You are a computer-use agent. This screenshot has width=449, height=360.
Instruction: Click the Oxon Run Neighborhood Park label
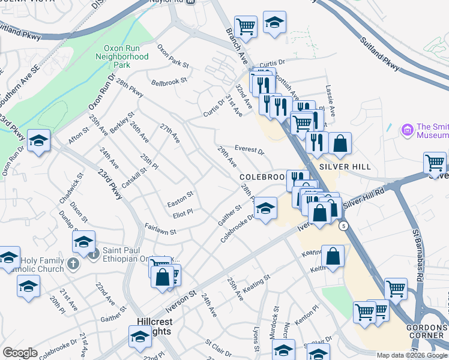122,56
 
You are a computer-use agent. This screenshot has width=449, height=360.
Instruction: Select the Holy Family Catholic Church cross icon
73,263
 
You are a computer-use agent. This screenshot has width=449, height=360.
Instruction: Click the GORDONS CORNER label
427,332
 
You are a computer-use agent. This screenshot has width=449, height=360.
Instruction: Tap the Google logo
20,353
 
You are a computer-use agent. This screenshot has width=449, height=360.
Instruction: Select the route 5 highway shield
343,226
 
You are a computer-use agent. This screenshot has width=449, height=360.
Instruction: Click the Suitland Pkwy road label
380,54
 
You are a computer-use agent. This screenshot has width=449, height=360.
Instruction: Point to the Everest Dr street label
249,149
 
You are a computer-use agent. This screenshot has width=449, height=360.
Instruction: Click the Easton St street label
180,195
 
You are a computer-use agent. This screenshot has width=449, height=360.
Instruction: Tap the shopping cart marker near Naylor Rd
246,26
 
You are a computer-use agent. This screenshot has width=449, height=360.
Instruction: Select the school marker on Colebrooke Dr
265,208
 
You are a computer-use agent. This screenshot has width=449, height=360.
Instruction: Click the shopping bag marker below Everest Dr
340,144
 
